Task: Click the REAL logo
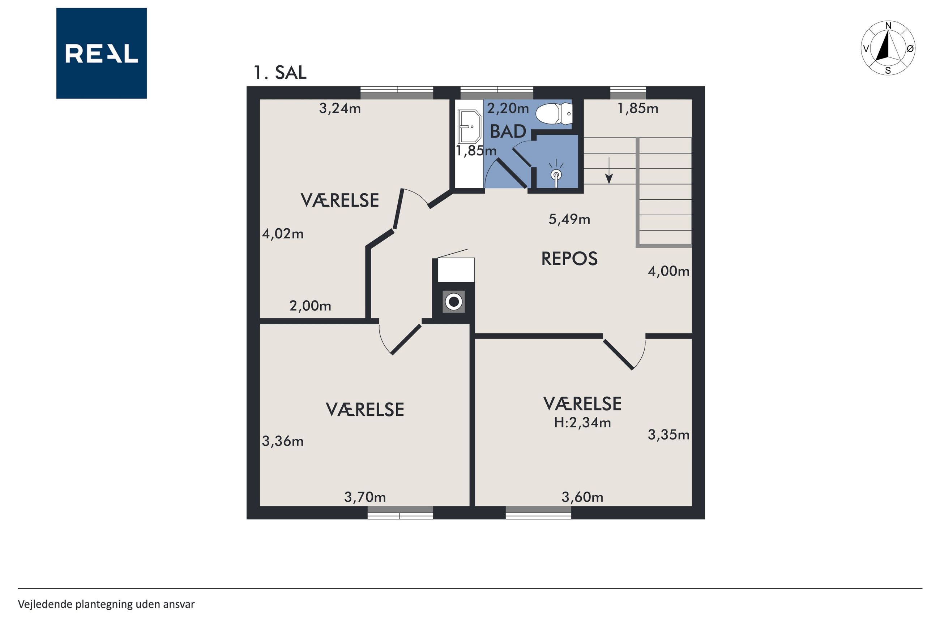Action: tap(102, 53)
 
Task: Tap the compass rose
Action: tap(888, 48)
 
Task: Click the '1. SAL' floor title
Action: tap(280, 73)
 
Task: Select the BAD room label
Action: tap(508, 132)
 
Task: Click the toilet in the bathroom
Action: tap(554, 113)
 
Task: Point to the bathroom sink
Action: tap(469, 126)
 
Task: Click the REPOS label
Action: tap(569, 259)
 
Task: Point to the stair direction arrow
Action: tap(608, 170)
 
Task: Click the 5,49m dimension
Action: tap(569, 219)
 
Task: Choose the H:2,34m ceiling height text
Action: tap(582, 423)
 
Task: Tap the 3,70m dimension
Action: tap(365, 497)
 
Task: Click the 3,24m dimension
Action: tap(339, 108)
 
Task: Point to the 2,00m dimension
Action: tap(310, 306)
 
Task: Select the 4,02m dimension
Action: tap(282, 234)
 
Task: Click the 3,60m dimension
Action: tap(582, 497)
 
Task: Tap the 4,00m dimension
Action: tap(668, 272)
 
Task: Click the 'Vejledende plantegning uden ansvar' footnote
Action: tap(106, 604)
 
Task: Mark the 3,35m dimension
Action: tap(668, 435)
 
